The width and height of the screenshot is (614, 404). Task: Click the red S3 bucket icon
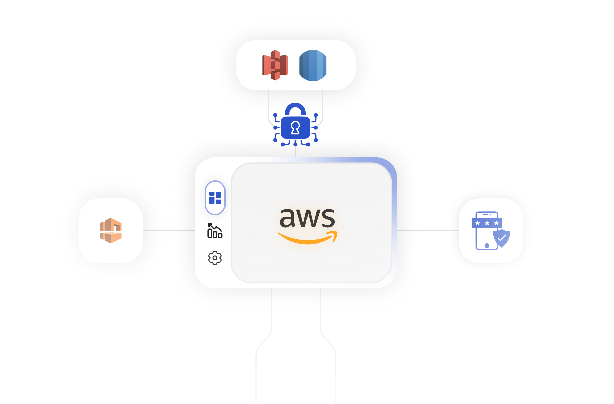pos(275,65)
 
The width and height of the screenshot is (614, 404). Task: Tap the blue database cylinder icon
pos(313,65)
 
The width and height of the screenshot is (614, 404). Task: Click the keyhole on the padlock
pos(295,127)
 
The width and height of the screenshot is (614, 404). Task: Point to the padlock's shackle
pos(295,108)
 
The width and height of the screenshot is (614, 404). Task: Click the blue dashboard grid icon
pos(215,198)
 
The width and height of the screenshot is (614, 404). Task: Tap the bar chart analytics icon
pos(215,231)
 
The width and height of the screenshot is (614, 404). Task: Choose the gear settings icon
pos(215,258)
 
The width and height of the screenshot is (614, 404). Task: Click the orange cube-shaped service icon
pos(111,230)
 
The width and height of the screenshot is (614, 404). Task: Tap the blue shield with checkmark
pos(502,238)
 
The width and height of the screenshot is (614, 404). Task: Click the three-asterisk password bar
pos(487,223)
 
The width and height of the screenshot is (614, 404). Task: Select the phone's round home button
pos(487,245)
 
